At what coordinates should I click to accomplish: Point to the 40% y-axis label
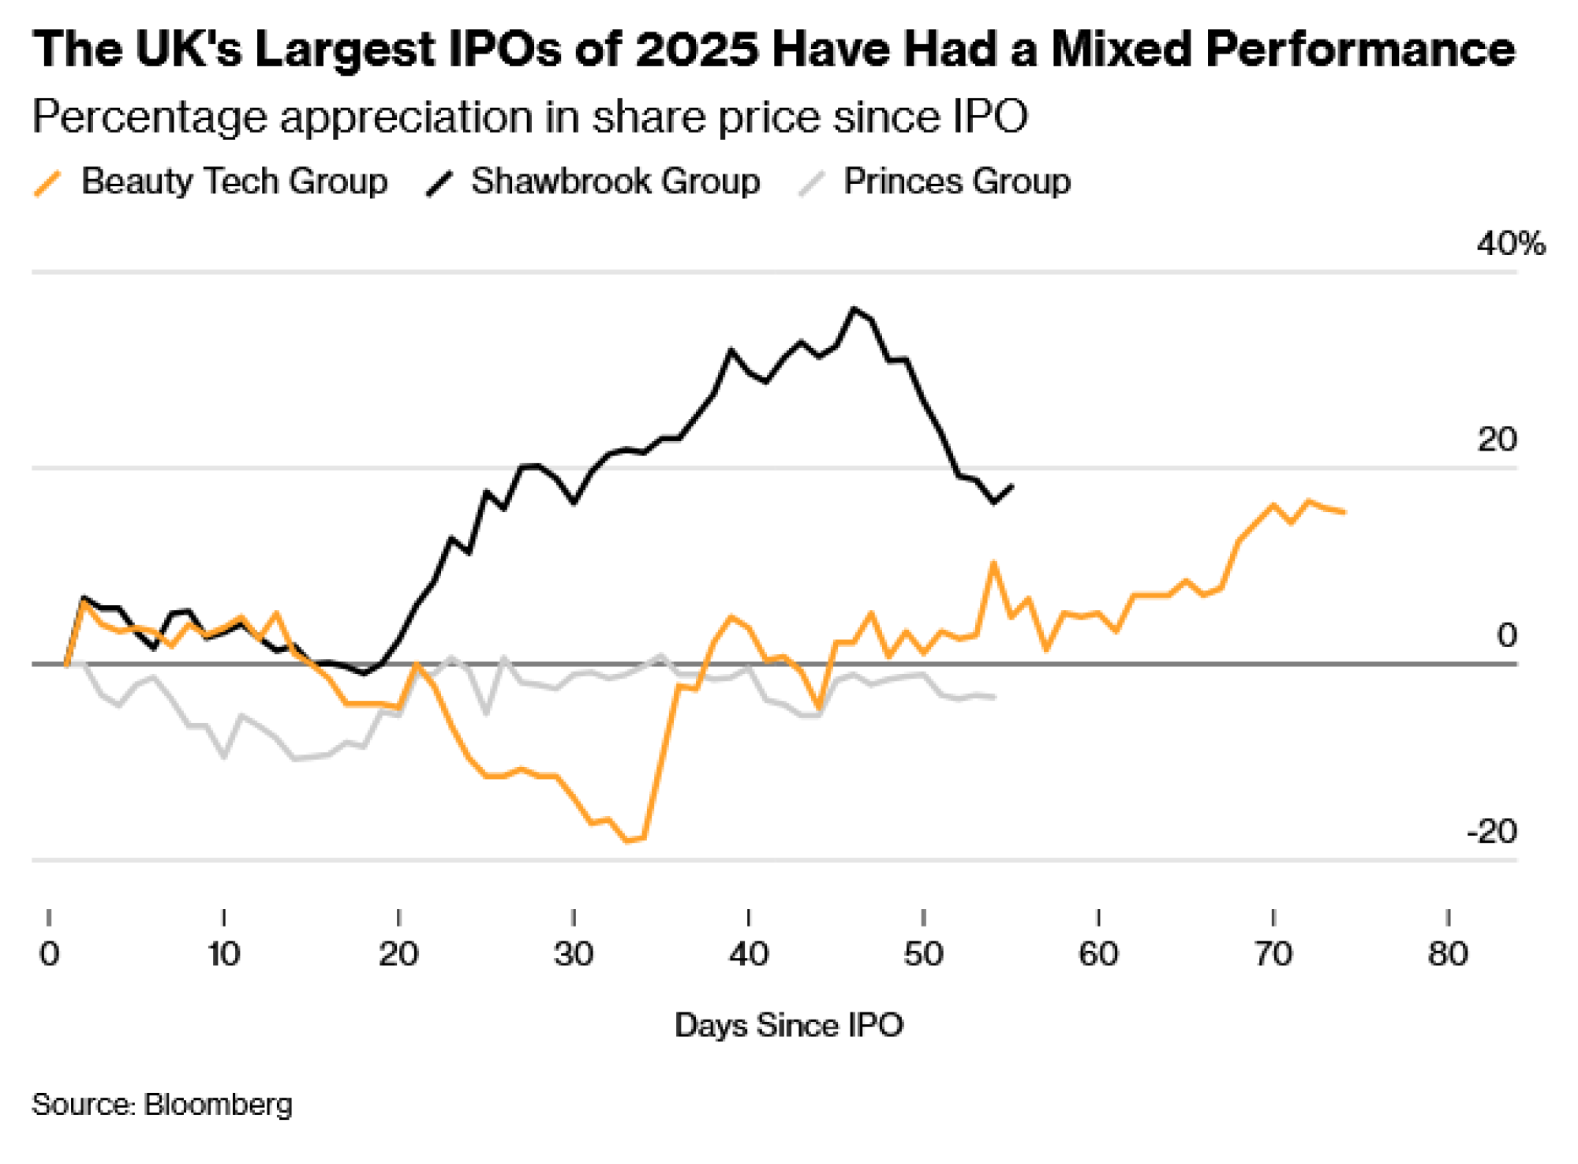[1510, 244]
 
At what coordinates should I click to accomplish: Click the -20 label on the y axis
[1491, 832]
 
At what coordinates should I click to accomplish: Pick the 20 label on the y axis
[1497, 440]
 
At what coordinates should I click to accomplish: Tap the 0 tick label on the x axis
[49, 954]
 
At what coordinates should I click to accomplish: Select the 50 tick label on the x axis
[923, 954]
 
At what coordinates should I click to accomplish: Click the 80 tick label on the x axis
[1448, 954]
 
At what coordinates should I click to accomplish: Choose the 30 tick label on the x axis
[574, 954]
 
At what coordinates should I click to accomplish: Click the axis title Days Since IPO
[788, 1025]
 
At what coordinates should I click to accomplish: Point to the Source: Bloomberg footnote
[162, 1104]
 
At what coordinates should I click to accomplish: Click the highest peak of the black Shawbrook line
[853, 309]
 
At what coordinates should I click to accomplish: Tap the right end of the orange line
[1344, 512]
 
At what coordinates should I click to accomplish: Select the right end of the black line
[1012, 486]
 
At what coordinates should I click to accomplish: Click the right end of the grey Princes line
[994, 697]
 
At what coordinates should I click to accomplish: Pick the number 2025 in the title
[697, 49]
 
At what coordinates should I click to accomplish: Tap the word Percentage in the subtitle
[150, 118]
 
